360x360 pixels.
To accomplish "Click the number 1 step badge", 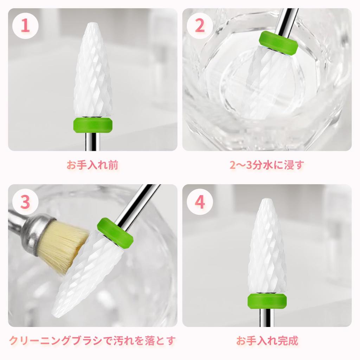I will (x=25, y=27).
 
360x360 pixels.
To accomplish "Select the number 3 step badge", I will (x=25, y=202).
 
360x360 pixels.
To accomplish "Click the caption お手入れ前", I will (x=92, y=165).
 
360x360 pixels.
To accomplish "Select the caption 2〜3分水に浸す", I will (x=266, y=165).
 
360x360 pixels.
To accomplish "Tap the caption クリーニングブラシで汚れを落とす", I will (x=92, y=340).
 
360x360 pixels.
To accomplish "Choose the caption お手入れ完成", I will (x=267, y=340).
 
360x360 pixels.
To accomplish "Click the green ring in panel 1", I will (x=93, y=124).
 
